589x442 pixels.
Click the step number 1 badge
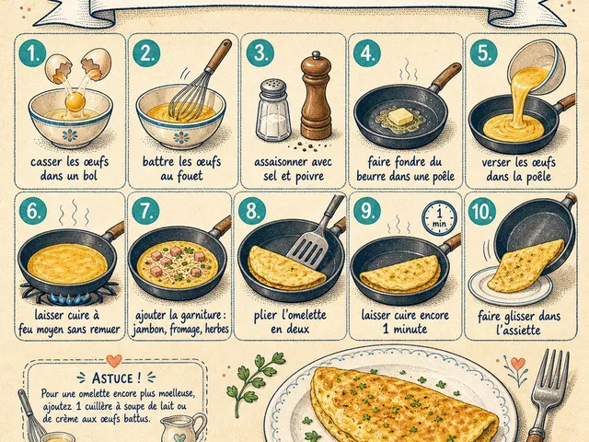[x=32, y=53]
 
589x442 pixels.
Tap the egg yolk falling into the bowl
[x=75, y=102]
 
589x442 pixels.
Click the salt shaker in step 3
[x=273, y=110]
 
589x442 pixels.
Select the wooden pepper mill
[x=316, y=96]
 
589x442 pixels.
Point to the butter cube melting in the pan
[x=400, y=117]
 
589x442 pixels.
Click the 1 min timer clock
[x=439, y=218]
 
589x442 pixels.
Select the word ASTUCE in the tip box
[x=112, y=378]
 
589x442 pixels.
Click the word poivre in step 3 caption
[x=308, y=176]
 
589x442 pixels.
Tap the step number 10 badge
[x=482, y=211]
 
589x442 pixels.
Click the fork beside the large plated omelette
[x=544, y=395]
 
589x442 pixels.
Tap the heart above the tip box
[x=114, y=360]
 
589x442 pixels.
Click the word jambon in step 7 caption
[x=148, y=330]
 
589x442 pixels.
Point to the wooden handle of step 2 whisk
[x=218, y=54]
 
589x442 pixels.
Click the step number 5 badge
[x=484, y=53]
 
